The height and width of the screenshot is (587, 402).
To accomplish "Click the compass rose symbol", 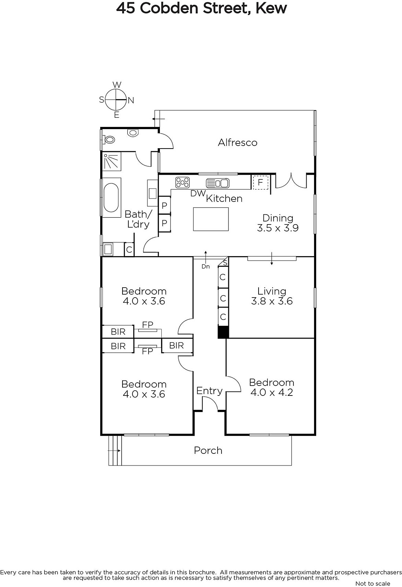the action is coord(116,100).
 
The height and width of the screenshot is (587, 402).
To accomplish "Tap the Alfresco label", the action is coord(238,143).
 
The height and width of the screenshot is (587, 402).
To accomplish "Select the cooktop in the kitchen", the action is coord(182,182).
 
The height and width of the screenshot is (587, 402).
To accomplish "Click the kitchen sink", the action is coord(218,183).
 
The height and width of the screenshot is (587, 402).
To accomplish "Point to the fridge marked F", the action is coord(260,182).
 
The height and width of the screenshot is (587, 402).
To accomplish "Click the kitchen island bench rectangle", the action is coord(211,219).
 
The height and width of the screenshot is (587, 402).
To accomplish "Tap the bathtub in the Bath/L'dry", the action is coord(111,197).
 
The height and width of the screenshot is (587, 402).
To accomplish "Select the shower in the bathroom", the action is coord(112,161).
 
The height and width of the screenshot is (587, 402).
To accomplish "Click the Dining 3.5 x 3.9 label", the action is coord(278,223).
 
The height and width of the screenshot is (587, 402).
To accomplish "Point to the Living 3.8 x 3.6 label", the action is coord(272,296).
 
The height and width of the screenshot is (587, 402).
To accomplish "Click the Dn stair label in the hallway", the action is coord(206,266).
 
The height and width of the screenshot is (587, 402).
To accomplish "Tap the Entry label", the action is coord(209,391).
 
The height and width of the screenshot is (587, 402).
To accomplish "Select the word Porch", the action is coord(208,451).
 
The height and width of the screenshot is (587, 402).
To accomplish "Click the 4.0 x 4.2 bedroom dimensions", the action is coord(272,392).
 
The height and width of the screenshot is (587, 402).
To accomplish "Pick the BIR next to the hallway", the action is coord(177,345).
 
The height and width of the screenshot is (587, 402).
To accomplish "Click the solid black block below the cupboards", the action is coord(223,332).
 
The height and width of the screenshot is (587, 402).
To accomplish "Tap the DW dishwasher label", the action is coord(198,193).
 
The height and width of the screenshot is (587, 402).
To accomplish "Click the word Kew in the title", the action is coord(271,8).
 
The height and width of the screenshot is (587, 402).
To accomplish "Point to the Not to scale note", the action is coord(373,584).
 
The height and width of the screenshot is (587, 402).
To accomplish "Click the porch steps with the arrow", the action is coord(115,451).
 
